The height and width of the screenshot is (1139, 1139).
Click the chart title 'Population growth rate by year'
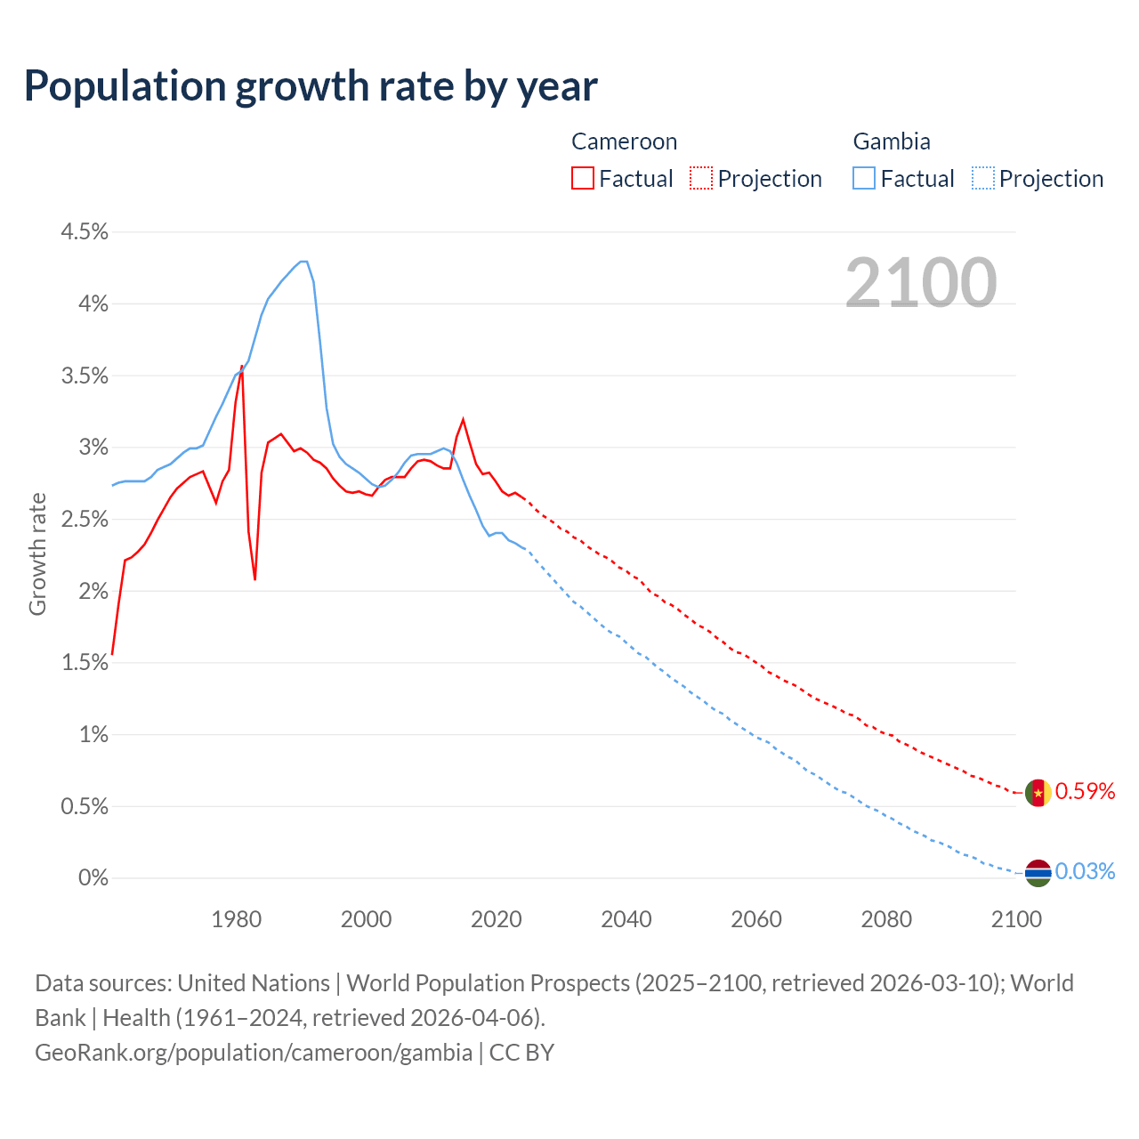point(311,86)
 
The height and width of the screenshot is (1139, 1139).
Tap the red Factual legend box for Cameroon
point(583,179)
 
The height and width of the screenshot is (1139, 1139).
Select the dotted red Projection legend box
point(701,179)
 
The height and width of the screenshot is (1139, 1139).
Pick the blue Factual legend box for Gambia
point(864,179)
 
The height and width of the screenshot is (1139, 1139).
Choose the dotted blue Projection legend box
point(982,179)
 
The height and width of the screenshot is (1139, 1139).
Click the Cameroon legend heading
point(624,141)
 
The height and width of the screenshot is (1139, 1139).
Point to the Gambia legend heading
point(892,141)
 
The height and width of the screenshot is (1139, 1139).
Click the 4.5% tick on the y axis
point(85,232)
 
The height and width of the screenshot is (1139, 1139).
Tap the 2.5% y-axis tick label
point(85,520)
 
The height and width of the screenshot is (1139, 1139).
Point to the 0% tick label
point(93,878)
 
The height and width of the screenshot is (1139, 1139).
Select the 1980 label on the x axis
point(237,919)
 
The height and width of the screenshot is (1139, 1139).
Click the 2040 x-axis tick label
point(626,919)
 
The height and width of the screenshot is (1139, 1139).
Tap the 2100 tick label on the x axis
point(1016,919)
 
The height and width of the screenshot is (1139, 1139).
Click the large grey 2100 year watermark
point(921,283)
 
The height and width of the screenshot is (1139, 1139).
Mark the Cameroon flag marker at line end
point(1038,792)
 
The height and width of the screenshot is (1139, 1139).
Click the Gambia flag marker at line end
point(1038,873)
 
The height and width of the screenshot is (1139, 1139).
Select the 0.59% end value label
point(1085,792)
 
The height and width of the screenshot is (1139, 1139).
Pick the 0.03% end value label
point(1085,872)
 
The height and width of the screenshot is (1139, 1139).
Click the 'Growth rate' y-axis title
point(37,553)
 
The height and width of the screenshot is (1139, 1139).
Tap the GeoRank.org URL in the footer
point(254,1053)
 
